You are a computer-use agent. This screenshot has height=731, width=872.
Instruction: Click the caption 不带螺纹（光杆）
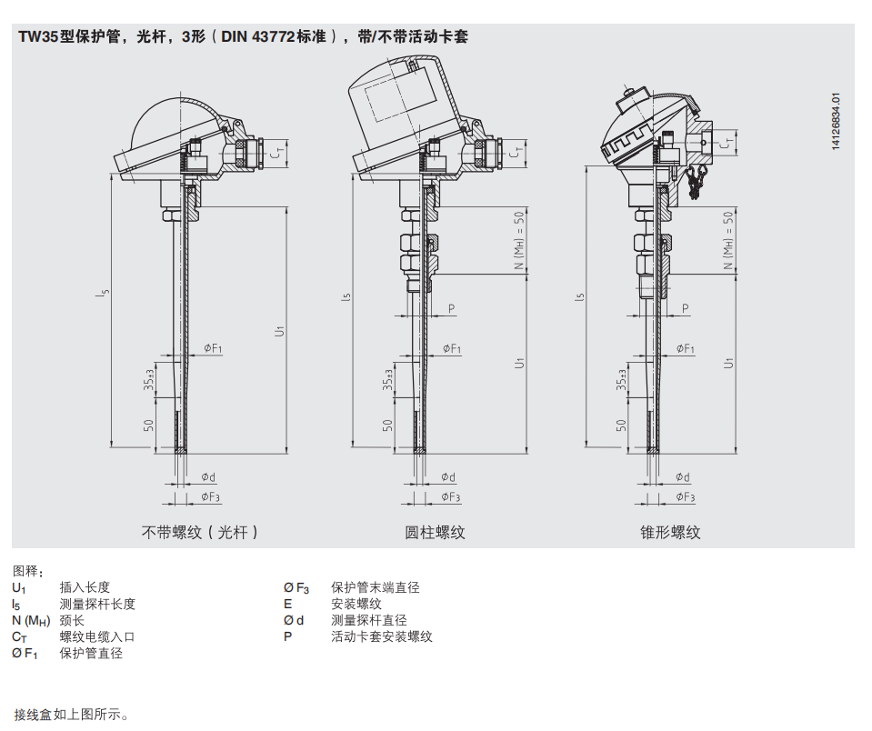point(200,532)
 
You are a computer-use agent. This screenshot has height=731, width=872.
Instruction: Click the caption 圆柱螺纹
point(435,532)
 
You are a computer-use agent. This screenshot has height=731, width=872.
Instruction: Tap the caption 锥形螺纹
point(670,532)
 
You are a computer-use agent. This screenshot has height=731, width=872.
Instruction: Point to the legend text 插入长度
point(85,588)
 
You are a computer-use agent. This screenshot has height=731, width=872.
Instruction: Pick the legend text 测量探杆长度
point(97,605)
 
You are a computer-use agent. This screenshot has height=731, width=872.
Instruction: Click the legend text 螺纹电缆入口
point(97,637)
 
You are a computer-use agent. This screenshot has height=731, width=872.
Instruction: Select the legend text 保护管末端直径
point(376,588)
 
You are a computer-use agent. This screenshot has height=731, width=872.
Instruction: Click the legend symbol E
point(288,605)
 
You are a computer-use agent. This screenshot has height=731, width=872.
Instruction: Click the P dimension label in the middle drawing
point(451,309)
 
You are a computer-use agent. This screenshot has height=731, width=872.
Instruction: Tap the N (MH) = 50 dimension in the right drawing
point(728,241)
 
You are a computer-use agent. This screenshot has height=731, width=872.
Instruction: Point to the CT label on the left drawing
point(280,152)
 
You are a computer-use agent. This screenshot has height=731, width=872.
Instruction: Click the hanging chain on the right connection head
point(697,181)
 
